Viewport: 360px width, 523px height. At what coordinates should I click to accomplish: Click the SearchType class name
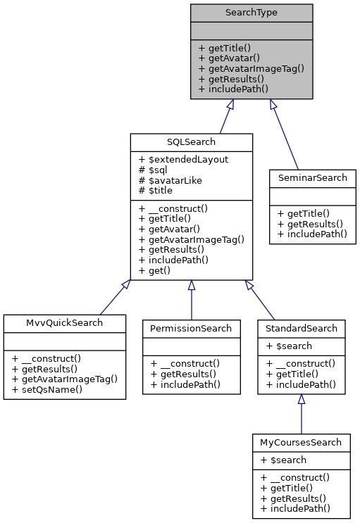pyautogui.click(x=252, y=13)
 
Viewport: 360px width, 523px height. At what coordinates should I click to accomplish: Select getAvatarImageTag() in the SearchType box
pyautogui.click(x=251, y=68)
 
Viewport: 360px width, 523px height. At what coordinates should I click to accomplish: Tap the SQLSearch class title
pyautogui.click(x=191, y=142)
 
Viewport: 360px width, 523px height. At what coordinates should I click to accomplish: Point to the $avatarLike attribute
pyautogui.click(x=174, y=180)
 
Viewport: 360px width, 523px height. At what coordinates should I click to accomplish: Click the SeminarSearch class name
pyautogui.click(x=312, y=177)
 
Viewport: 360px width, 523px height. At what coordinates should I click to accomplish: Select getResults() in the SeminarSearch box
pyautogui.click(x=307, y=222)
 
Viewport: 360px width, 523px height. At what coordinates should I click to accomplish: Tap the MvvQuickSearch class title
pyautogui.click(x=65, y=322)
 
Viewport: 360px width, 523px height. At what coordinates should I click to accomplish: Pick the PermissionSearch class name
pyautogui.click(x=191, y=328)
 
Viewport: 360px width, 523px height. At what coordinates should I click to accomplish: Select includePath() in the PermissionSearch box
pyautogui.click(x=185, y=384)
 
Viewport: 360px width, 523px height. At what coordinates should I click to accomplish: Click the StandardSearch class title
pyautogui.click(x=301, y=328)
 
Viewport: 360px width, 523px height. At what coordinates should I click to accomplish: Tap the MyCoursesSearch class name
pyautogui.click(x=301, y=442)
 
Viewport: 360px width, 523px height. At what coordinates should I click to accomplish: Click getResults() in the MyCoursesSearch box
pyautogui.click(x=290, y=497)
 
